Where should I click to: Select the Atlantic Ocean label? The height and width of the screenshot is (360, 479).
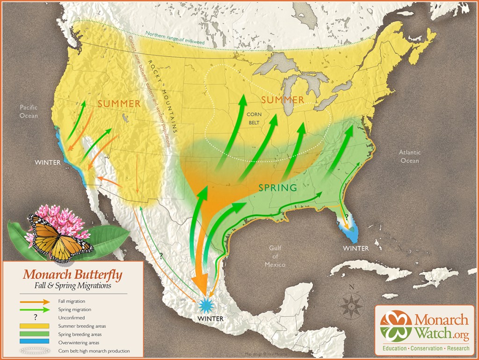tap(409, 157)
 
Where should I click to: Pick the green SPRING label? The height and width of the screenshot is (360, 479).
tap(278, 187)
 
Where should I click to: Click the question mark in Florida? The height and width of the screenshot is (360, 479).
tap(347, 216)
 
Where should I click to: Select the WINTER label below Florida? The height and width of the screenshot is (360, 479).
tap(356, 248)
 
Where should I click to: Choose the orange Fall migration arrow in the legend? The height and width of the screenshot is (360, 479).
tap(34, 302)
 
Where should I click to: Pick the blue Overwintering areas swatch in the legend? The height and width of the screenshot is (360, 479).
tap(34, 342)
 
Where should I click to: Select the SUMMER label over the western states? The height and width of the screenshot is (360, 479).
tap(119, 103)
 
